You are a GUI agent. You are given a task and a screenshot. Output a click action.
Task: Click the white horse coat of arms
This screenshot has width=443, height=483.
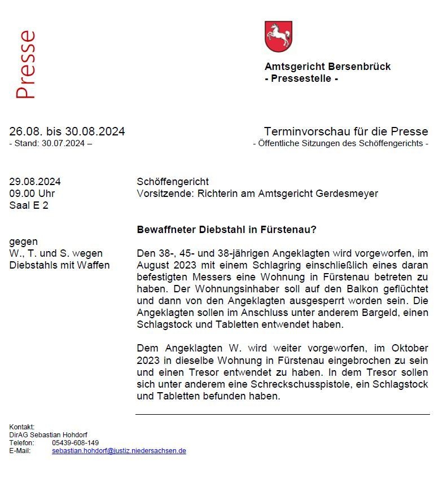pos(278,37)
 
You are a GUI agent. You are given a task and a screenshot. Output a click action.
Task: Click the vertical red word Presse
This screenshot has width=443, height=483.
pos(26,65)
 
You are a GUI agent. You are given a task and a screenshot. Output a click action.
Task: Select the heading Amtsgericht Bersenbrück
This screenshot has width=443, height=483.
pos(327,67)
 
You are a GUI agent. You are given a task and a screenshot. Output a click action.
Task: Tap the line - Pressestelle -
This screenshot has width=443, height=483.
pos(301,78)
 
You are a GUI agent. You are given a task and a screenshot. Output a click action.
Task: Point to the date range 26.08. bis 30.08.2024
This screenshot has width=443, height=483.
pos(67,131)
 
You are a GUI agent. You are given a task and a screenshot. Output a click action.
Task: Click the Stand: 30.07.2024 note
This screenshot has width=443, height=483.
pos(50,143)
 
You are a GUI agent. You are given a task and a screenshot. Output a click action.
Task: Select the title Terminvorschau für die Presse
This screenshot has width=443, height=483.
pos(345,131)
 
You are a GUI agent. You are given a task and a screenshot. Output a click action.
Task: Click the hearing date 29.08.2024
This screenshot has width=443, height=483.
pos(35,182)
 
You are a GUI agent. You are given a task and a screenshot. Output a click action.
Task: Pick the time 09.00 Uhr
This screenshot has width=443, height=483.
pos(32,194)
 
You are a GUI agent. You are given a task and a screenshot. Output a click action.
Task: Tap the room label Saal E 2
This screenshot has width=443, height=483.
pos(29,205)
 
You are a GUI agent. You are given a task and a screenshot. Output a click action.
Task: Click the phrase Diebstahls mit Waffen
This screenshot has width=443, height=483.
pos(59,265)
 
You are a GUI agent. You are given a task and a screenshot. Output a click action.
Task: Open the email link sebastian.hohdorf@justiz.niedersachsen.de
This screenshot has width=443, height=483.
pos(119,451)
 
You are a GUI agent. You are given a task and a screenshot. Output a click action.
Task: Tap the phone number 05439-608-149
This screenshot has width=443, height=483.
pos(75,443)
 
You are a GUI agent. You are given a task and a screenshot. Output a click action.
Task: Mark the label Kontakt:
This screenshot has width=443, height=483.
pos(22,427)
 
